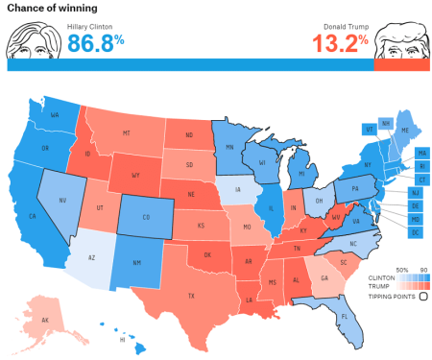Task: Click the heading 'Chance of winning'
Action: (50, 9)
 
